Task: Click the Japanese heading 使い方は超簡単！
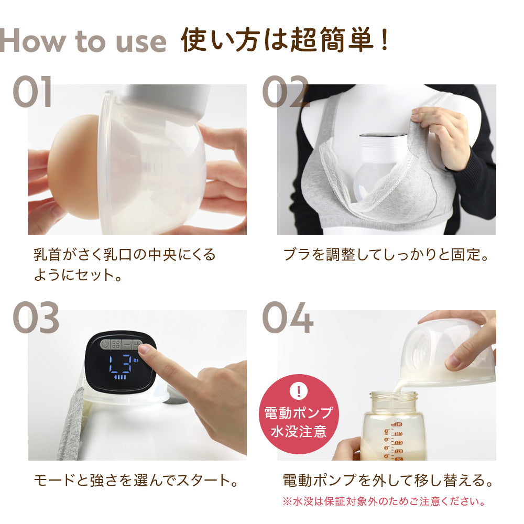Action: coord(286,40)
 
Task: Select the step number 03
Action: coord(36,318)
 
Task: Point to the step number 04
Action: coord(288,318)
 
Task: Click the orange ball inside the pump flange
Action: coord(73,166)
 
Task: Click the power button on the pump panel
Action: coord(105,345)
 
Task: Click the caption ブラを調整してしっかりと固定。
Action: coord(386,255)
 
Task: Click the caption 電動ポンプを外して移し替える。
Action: coord(388,480)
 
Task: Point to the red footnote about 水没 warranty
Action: coord(383,501)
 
